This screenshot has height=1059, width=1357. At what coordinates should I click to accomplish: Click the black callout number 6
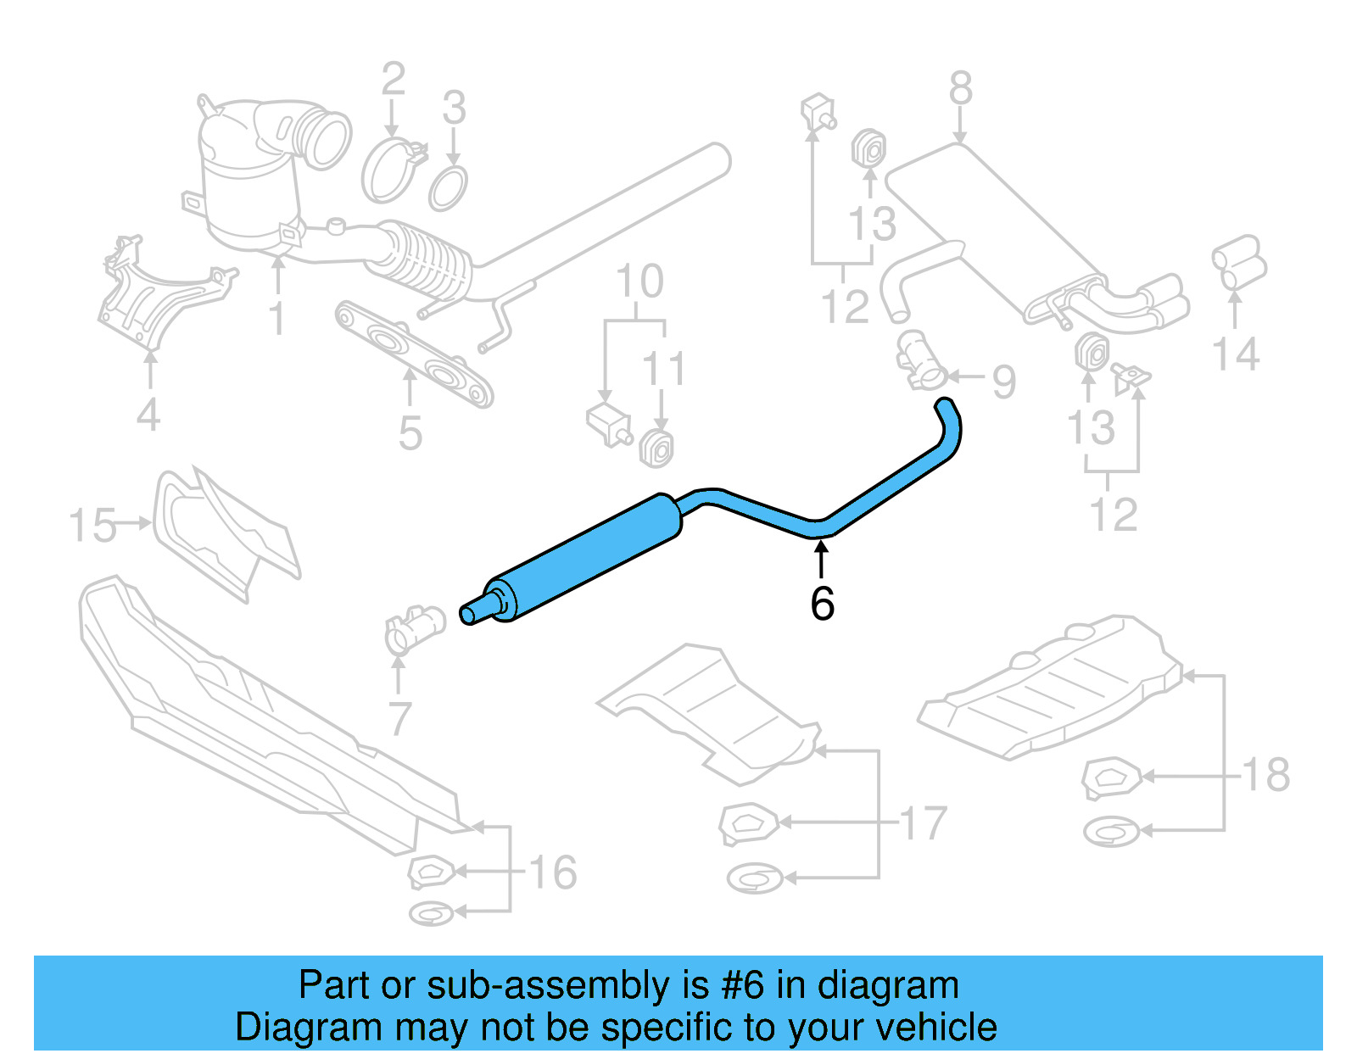(x=822, y=604)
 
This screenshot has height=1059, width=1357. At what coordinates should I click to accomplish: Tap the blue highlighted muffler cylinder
(x=585, y=555)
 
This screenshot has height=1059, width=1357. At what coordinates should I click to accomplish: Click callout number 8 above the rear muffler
(x=960, y=88)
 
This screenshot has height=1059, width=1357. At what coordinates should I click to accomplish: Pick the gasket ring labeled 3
(x=448, y=188)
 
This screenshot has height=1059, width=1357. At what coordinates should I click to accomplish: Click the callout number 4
(x=148, y=415)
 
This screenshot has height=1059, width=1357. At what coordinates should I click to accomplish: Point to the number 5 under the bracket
(x=410, y=434)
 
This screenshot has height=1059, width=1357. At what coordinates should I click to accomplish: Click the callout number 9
(x=1003, y=382)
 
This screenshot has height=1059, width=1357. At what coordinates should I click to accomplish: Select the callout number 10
(x=639, y=281)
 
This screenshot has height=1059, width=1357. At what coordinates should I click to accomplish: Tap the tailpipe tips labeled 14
(x=1238, y=263)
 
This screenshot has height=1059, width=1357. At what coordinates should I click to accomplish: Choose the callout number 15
(x=92, y=526)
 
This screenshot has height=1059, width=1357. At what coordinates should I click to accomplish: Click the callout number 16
(x=553, y=872)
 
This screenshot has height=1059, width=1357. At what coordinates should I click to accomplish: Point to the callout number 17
(x=923, y=823)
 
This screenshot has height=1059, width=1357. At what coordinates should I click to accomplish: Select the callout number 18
(x=1265, y=774)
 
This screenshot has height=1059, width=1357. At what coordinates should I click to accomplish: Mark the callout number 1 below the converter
(x=277, y=319)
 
